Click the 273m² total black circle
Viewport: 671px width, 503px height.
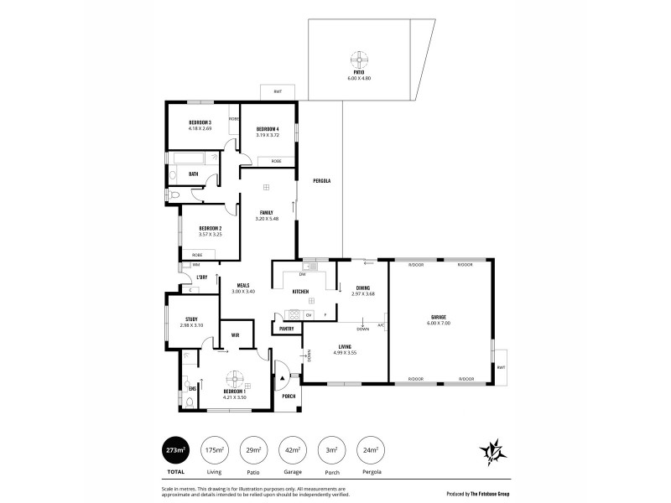176,450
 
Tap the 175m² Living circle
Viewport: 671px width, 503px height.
214,450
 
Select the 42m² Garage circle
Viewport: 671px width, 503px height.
293,450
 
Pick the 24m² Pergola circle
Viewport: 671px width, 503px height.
371,450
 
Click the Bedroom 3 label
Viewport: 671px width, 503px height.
200,123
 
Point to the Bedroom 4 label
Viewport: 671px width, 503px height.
268,128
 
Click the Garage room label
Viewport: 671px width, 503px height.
439,316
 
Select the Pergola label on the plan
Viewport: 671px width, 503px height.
321,181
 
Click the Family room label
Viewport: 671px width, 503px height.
267,212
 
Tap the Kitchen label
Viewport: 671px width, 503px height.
300,292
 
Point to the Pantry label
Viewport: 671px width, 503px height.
286,329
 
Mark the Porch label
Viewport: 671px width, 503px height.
289,396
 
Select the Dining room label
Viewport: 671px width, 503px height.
363,287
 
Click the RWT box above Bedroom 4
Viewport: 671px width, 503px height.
277,91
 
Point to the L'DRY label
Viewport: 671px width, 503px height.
201,277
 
